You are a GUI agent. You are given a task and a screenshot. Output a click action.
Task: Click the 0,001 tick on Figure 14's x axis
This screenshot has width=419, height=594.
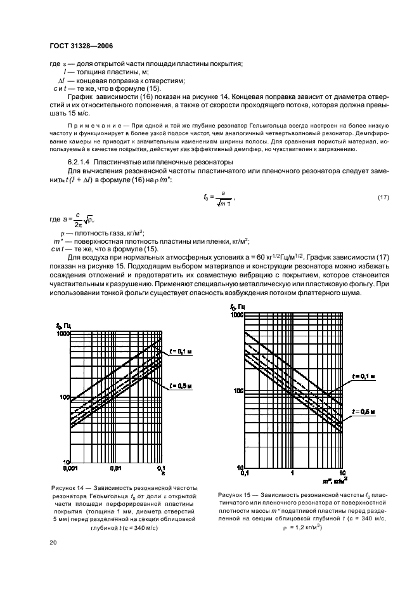click(x=70, y=468)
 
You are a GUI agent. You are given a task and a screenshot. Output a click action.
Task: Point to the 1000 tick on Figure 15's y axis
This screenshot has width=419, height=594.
click(x=237, y=315)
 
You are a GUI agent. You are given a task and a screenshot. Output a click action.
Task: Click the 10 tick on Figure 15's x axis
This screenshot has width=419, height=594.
click(x=342, y=473)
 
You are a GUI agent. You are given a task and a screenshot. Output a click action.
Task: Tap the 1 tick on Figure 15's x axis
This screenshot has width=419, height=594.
click(x=292, y=473)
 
